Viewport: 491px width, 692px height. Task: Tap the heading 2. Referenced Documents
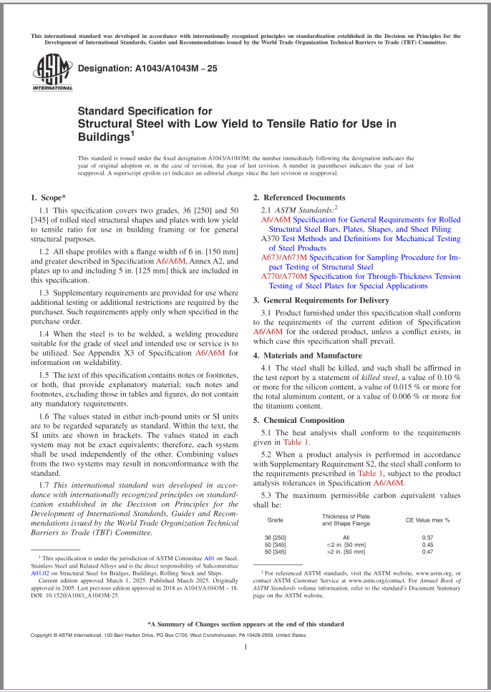click(x=304, y=198)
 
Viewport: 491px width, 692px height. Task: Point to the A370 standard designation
click(x=270, y=238)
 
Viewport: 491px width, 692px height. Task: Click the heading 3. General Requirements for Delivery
click(x=323, y=300)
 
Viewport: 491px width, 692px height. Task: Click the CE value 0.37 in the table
click(x=428, y=537)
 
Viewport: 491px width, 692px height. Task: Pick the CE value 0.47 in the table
click(x=428, y=552)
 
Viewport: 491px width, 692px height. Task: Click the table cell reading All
click(x=346, y=537)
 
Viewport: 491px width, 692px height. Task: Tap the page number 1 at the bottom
click(x=245, y=647)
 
